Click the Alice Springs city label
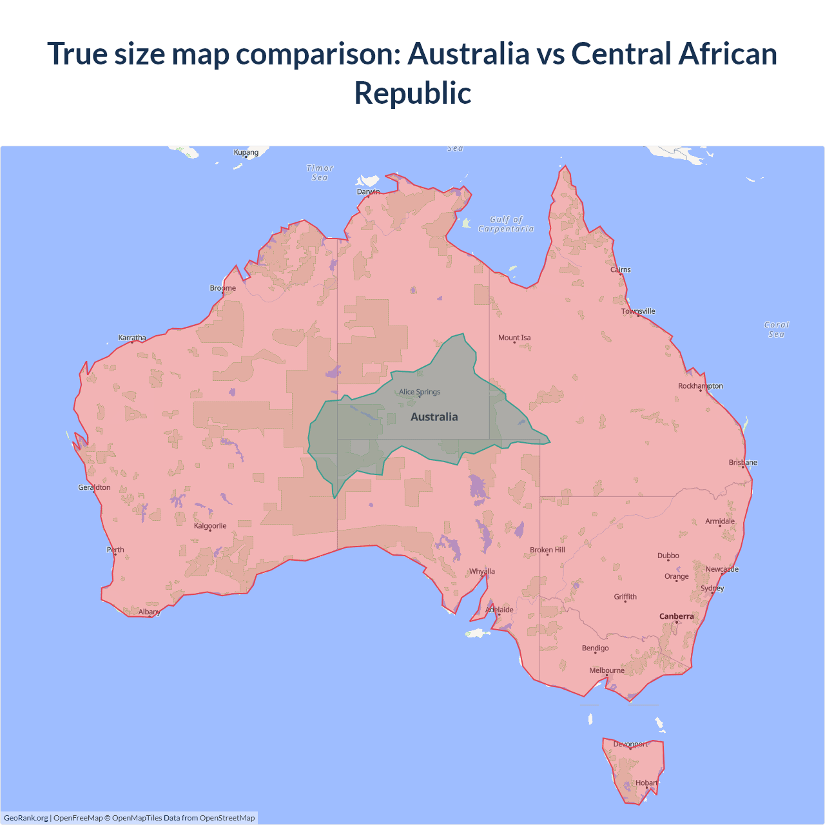click(420, 392)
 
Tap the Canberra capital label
click(676, 616)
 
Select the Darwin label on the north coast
click(368, 192)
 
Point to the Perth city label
click(115, 550)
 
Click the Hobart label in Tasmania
click(646, 783)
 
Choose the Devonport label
click(630, 744)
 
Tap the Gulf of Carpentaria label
click(506, 224)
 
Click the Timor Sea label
click(320, 173)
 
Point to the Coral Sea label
click(776, 329)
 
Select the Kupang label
click(246, 153)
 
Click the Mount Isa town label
click(514, 338)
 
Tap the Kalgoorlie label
click(210, 526)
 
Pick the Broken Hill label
click(547, 550)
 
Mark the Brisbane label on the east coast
click(742, 462)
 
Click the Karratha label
click(132, 338)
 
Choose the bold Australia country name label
click(434, 417)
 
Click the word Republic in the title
click(412, 93)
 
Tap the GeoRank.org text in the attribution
click(26, 818)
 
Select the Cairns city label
click(621, 269)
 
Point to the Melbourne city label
click(607, 670)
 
